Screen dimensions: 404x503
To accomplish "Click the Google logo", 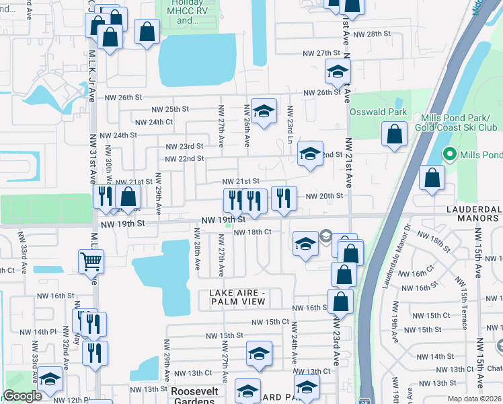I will (22, 396).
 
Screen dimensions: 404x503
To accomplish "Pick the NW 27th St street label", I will (319, 53).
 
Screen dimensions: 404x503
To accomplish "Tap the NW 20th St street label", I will (325, 196).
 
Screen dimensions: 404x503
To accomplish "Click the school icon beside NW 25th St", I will (264, 111).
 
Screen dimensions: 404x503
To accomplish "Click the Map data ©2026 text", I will (474, 399).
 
